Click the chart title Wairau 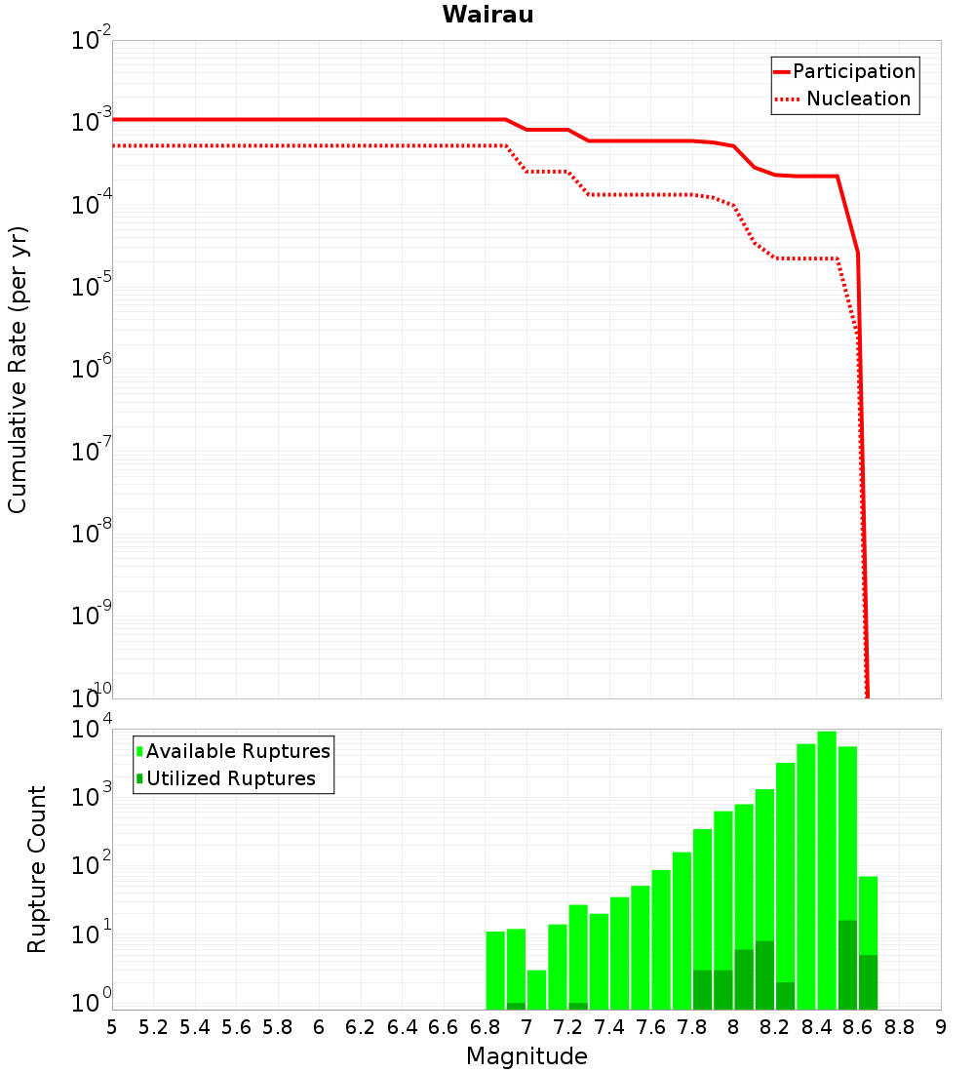coord(487,15)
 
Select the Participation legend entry coord(853,71)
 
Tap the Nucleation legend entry coord(857,99)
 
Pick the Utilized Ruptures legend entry coord(230,778)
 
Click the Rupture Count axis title coord(37,868)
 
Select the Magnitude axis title coord(526,1056)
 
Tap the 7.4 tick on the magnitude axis coord(609,1026)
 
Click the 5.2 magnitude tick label coord(154,1026)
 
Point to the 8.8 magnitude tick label coord(899,1026)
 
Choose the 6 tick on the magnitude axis coord(319,1026)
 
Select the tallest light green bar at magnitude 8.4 coord(827,868)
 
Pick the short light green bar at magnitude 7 coord(536,989)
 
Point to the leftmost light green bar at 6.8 coord(495,970)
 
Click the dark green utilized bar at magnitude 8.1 coord(764,974)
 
